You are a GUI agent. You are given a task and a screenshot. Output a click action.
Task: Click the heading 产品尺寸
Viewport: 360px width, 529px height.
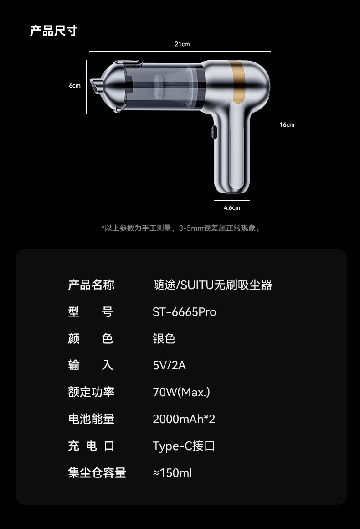click(x=54, y=31)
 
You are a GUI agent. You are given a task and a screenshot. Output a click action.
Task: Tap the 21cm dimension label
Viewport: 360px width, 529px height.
click(x=182, y=44)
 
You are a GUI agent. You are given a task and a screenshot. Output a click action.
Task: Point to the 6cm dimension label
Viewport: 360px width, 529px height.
click(x=75, y=86)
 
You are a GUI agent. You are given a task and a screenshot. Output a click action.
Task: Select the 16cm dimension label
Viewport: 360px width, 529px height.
click(x=287, y=124)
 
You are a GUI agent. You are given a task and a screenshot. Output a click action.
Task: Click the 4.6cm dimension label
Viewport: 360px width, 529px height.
click(x=232, y=207)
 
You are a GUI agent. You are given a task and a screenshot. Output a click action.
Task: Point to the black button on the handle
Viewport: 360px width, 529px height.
click(x=213, y=132)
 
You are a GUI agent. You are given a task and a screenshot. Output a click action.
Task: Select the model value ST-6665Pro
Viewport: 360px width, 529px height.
click(x=184, y=312)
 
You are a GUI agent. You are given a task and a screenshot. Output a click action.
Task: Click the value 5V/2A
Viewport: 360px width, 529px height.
click(x=169, y=365)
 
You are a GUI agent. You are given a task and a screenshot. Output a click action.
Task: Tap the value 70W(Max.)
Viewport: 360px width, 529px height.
click(x=181, y=392)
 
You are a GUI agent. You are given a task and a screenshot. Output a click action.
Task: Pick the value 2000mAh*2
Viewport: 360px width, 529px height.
click(x=184, y=419)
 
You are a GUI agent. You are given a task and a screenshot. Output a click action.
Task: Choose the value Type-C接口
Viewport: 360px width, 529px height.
click(x=184, y=446)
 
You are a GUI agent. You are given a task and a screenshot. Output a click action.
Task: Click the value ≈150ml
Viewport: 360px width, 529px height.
click(x=172, y=473)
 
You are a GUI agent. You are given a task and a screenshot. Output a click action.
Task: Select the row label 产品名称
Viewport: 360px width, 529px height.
click(x=91, y=285)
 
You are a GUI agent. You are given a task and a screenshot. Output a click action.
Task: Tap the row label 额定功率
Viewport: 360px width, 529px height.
click(x=91, y=392)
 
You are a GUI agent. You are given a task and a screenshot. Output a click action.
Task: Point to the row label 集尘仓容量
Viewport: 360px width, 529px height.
click(x=97, y=473)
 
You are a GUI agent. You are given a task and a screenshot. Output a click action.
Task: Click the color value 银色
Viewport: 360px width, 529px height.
click(x=164, y=338)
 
